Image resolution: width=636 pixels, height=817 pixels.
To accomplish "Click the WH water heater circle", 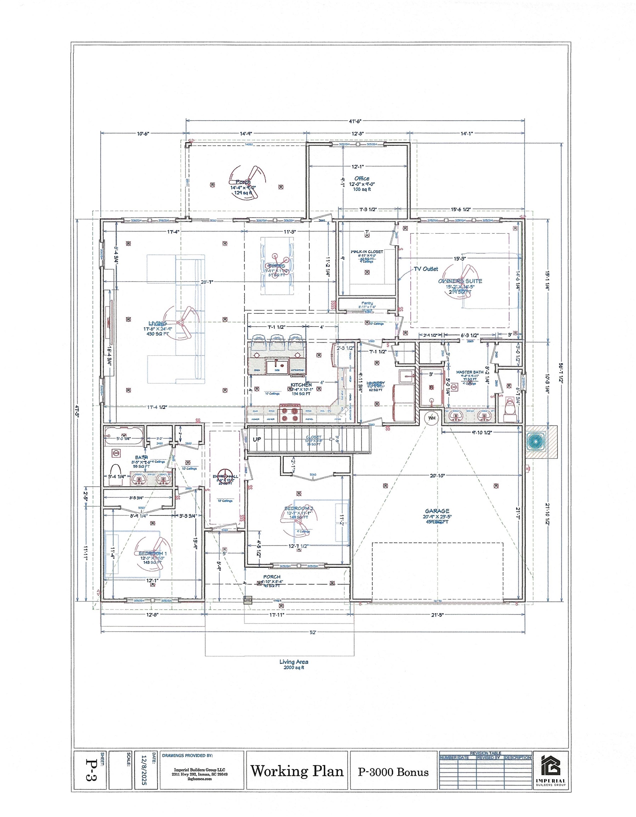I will click(432, 418).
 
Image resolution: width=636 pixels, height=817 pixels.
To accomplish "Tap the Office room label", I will click(362, 179).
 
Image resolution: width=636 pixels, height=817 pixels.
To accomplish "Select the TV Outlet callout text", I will click(426, 269).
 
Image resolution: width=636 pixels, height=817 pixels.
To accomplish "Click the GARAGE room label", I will click(437, 511).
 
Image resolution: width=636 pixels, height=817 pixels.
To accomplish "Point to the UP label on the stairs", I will click(257, 440).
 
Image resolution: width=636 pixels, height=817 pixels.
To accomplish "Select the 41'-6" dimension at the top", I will click(355, 121).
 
